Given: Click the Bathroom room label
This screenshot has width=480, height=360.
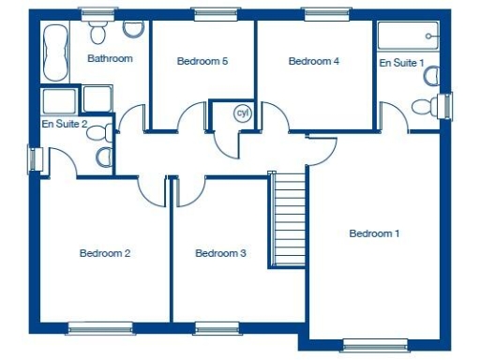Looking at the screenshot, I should click(110, 58).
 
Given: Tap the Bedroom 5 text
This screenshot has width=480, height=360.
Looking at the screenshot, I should click(202, 62).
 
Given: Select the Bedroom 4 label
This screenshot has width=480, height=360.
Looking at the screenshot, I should click(313, 62).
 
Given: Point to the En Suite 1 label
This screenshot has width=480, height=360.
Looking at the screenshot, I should click(401, 63).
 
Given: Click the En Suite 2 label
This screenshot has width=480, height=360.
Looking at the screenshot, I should click(65, 124).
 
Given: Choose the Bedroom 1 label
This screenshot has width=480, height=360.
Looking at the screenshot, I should click(374, 233).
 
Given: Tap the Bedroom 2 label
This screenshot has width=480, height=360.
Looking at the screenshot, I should click(104, 253).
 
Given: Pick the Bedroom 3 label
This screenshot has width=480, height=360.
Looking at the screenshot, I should click(220, 253).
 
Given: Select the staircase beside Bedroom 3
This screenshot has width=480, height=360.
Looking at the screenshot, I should click(289, 219).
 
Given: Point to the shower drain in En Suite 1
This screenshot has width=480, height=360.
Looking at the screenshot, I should click(429, 36).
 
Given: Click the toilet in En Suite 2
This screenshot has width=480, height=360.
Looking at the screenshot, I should click(103, 157).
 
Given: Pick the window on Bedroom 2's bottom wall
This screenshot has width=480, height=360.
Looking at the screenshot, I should click(94, 328).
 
